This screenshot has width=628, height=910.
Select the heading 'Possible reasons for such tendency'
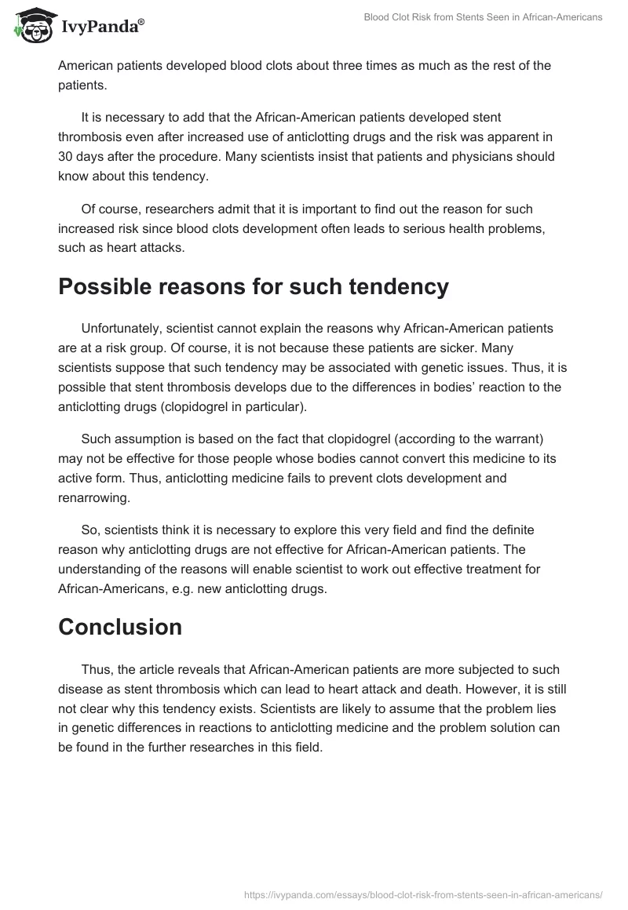(x=254, y=287)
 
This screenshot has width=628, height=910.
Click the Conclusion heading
(x=120, y=627)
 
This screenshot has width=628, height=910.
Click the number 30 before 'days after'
(x=66, y=156)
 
